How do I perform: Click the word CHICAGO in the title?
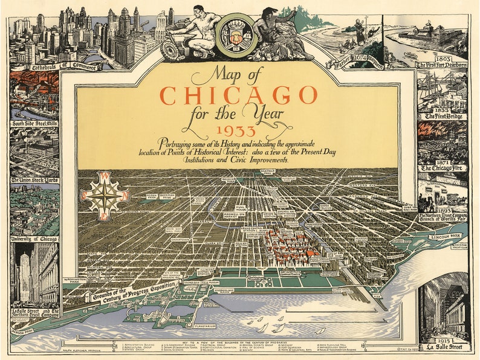tap(238, 95)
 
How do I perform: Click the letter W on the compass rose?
tap(103, 176)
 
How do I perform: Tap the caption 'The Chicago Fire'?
tap(443, 168)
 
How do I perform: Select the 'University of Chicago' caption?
tap(34, 239)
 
